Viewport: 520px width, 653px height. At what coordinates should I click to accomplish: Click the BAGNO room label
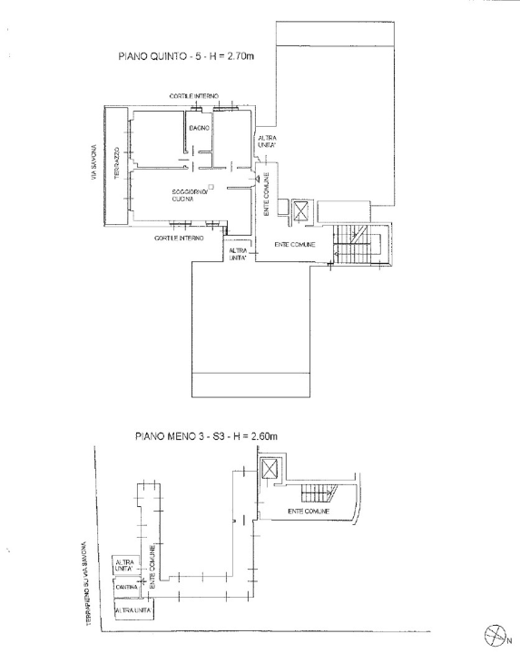coord(200,128)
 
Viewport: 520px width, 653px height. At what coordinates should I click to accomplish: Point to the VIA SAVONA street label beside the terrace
coord(92,165)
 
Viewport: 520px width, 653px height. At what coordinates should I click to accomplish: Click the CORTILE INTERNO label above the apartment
coord(192,95)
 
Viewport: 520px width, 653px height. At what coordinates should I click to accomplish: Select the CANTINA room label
coord(126,588)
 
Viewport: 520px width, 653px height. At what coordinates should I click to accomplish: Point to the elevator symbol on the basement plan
coord(270,469)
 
